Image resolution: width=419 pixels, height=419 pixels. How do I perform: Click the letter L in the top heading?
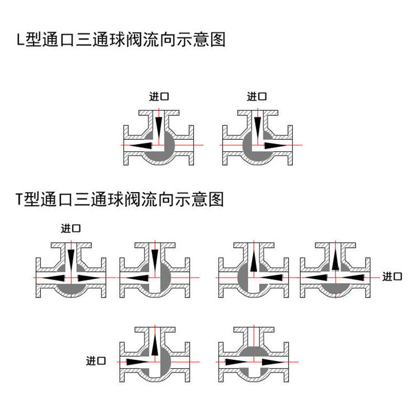coord(20,41)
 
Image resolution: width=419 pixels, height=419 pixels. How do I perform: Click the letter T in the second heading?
coord(20,199)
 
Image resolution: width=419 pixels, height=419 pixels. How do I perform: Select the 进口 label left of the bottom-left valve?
coord(96,361)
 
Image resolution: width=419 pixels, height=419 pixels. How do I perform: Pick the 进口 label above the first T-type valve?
coord(71,228)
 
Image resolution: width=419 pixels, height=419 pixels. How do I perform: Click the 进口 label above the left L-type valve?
coord(159,96)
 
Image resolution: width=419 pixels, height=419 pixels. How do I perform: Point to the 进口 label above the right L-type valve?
coord(257,96)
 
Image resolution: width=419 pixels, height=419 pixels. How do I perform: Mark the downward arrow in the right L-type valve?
coord(257,126)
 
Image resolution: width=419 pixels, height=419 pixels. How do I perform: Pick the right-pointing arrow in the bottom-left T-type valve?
coord(137,362)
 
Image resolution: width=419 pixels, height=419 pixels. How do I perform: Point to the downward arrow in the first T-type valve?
coord(71,259)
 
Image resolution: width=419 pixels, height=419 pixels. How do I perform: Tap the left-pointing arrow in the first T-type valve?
coord(54,278)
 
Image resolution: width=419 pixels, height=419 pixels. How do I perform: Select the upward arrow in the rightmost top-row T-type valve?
coord(335,259)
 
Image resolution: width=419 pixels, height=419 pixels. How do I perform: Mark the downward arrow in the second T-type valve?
coord(154,259)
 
